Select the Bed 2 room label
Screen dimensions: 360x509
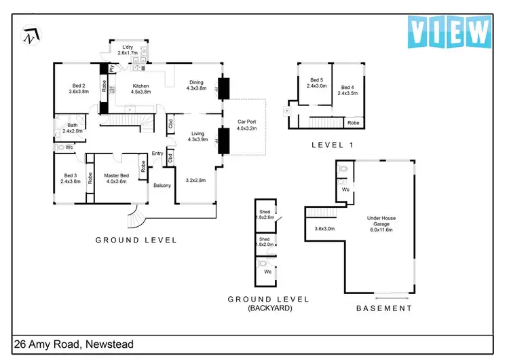tap(79, 88)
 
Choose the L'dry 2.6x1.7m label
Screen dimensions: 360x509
tap(127, 50)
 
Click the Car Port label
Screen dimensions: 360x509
tap(246, 125)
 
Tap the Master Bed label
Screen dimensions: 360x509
tap(117, 179)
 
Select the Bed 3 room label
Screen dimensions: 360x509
tap(71, 179)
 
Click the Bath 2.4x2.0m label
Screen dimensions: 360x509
tap(72, 128)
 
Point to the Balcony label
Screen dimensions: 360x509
tap(162, 185)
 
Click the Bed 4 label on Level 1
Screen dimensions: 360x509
tap(347, 90)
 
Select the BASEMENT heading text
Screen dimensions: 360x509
tap(384, 308)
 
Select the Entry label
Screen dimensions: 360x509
tap(157, 154)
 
